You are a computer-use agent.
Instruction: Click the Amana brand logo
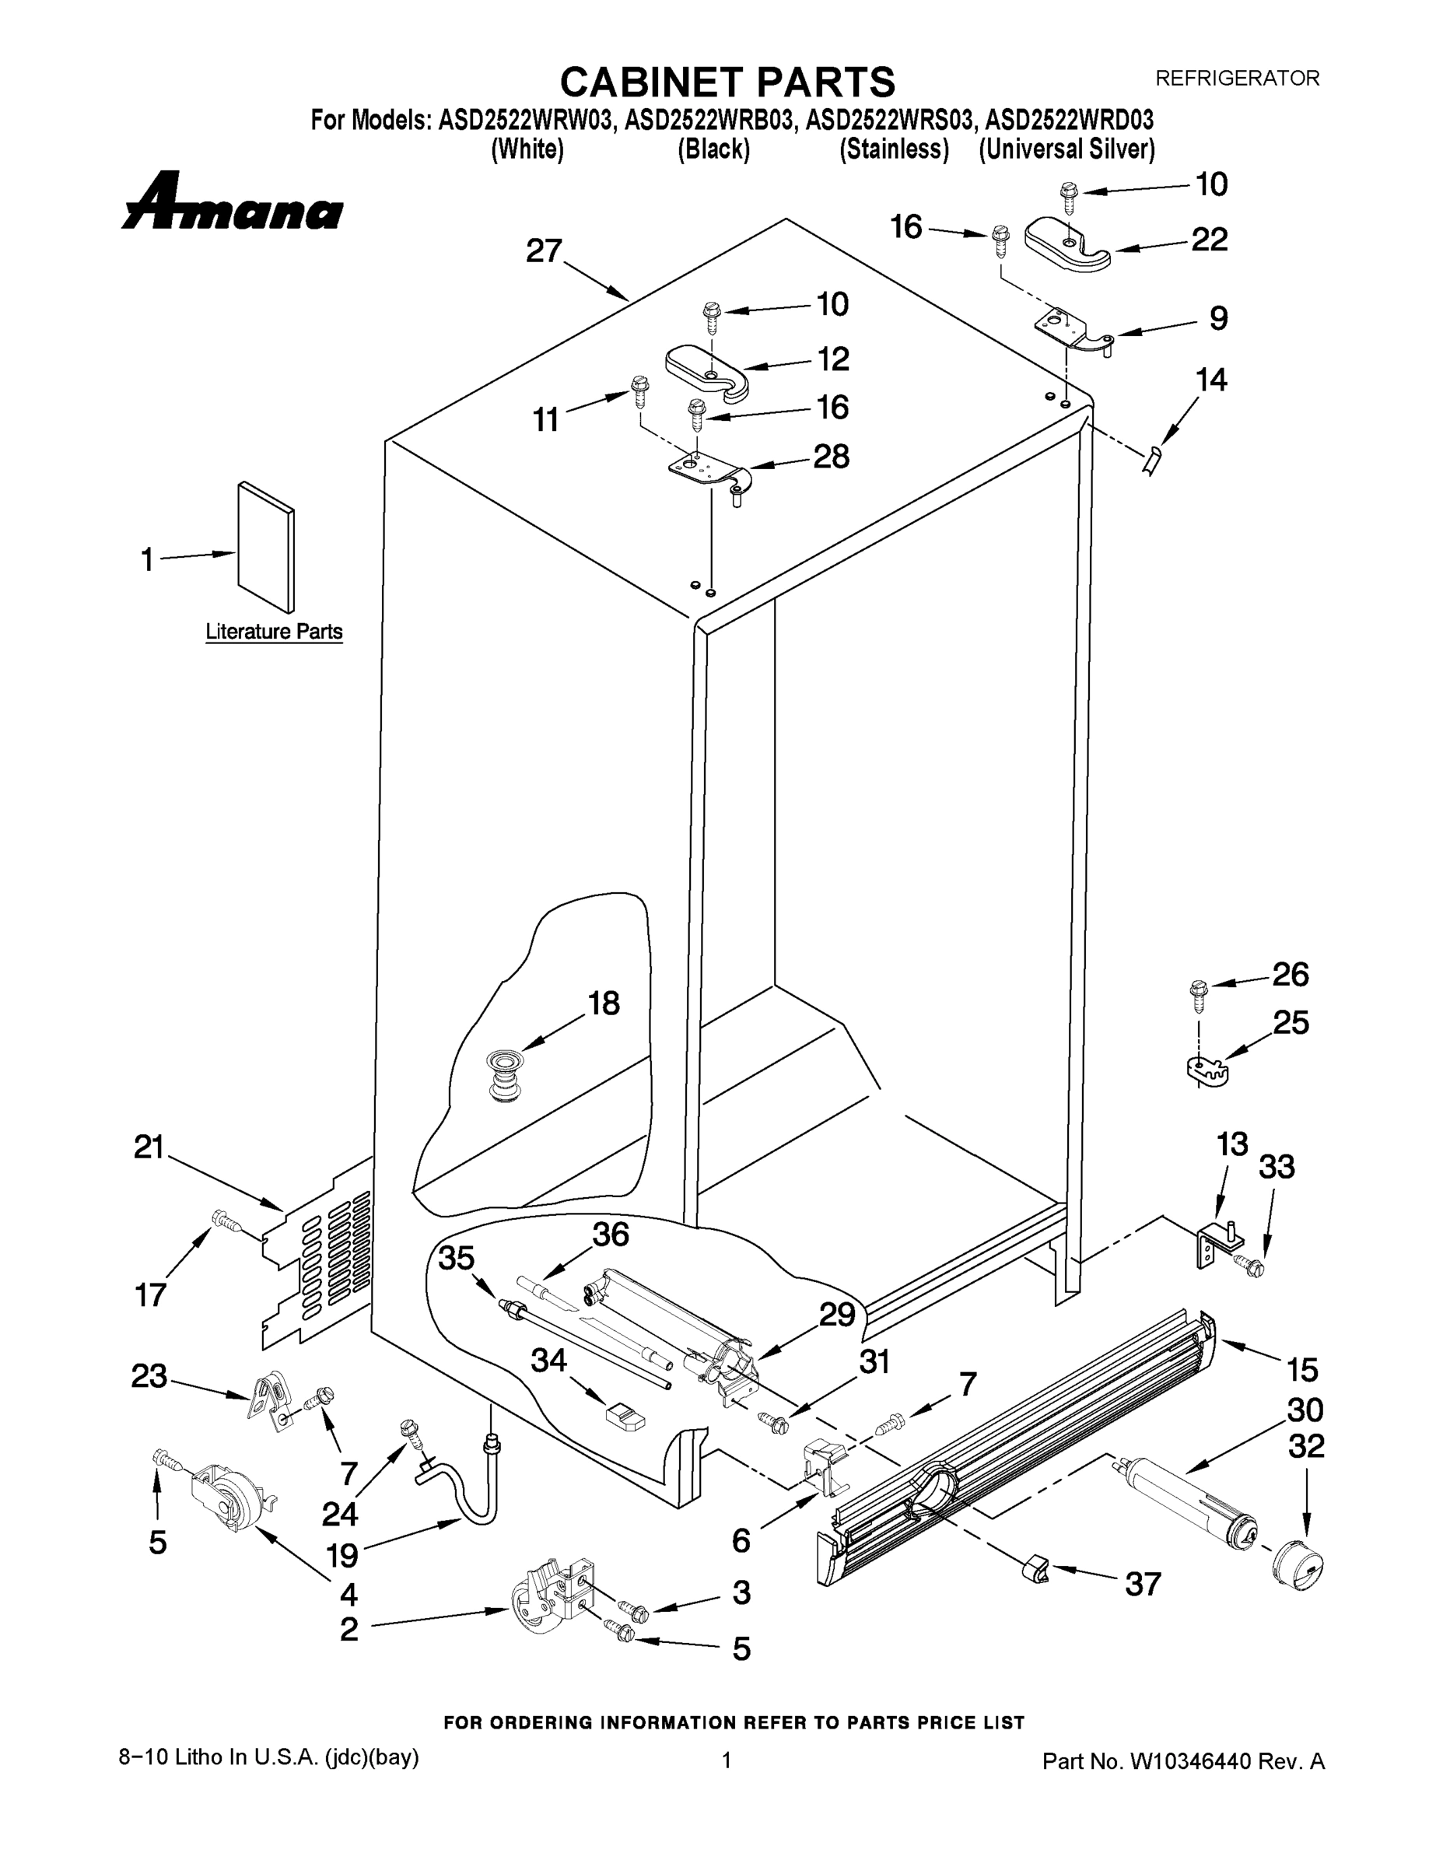pos(233,202)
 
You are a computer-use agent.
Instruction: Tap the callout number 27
pos(544,251)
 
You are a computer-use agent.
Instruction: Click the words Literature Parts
pos(274,632)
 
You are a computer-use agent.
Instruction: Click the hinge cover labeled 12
pos(706,371)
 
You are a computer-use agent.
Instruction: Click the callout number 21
pos(149,1147)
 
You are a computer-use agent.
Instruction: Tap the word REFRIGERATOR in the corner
pos(1237,78)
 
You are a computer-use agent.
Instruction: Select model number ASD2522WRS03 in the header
pos(889,120)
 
